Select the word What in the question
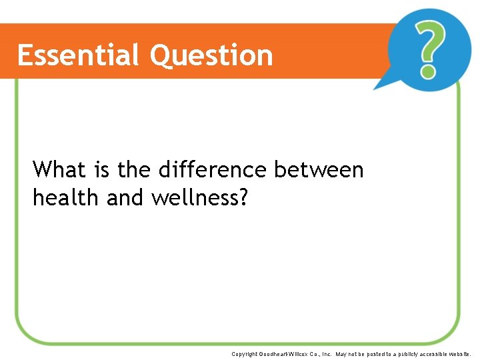coord(59,170)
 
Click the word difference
coord(213,170)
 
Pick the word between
coord(319,170)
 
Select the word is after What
coord(102,170)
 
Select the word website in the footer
coord(461,354)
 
